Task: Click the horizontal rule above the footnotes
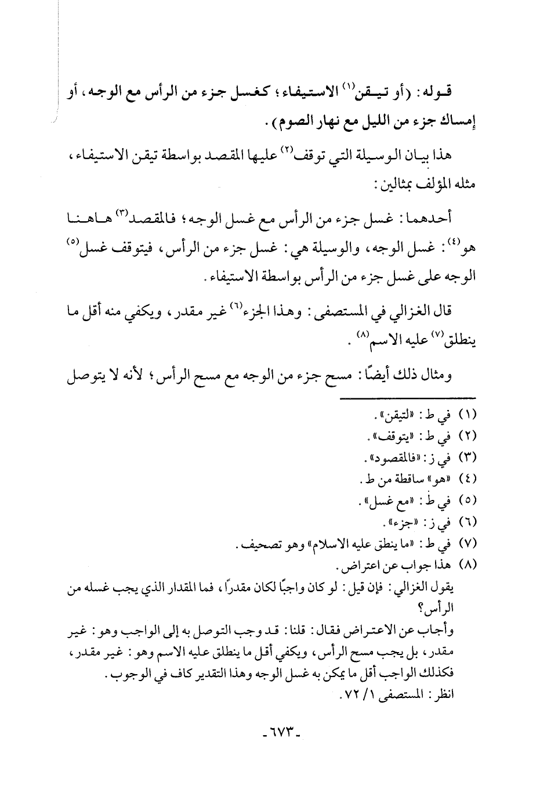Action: coord(406,397)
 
